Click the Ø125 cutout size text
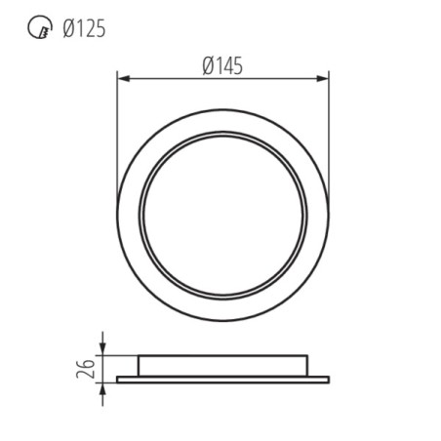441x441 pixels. tap(83, 28)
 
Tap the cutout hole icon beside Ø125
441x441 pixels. tap(36, 28)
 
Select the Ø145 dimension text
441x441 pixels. tap(222, 65)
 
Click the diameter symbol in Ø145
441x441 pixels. tap(208, 65)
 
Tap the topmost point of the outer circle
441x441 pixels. tap(222, 103)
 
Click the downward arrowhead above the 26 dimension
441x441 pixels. tap(102, 350)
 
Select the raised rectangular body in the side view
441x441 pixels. tap(222, 366)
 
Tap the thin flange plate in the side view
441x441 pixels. tap(222, 379)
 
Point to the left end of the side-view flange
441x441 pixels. tap(118, 379)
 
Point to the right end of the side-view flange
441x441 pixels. tap(328, 379)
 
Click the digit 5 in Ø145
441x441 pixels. tap(236, 65)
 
